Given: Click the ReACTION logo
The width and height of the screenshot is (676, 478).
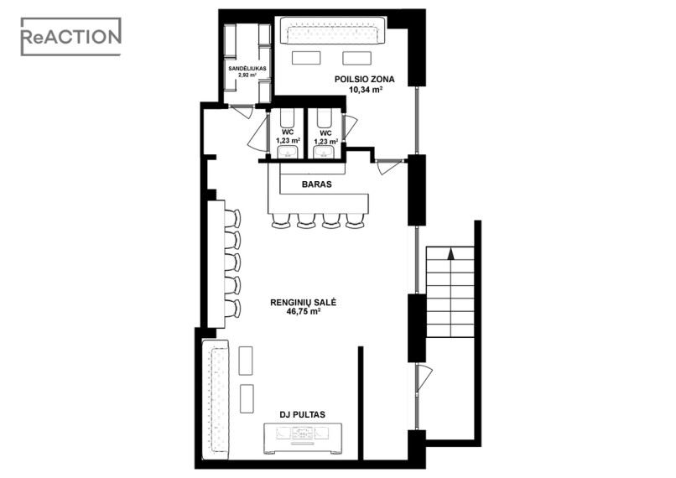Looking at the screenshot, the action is [71, 37].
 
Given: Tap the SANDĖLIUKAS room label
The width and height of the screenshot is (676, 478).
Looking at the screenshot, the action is [247, 69].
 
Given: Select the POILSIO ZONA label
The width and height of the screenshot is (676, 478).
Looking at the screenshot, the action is [364, 80].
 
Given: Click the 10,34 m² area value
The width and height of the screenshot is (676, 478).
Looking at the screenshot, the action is [366, 90].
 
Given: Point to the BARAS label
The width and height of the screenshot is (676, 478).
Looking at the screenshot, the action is [317, 184].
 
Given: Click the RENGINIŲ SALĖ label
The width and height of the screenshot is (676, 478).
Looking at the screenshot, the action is [303, 303].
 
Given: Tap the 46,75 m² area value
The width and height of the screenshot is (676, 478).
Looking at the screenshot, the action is [304, 312].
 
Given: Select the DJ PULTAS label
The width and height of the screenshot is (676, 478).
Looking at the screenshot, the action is [302, 414].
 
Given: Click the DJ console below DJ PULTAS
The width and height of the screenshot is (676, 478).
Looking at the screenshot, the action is [303, 439].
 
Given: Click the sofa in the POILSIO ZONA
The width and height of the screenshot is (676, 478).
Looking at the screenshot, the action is [333, 30].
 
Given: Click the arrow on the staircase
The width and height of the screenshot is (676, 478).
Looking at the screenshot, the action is [451, 254].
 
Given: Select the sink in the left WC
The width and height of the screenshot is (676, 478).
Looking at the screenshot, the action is [287, 152].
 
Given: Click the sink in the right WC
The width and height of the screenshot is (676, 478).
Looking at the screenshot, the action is [324, 152].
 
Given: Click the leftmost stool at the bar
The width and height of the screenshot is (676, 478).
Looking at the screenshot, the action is [282, 221].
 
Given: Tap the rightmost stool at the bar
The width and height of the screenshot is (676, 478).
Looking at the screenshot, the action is [355, 221].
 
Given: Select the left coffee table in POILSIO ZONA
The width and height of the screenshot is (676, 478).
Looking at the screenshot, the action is [306, 58].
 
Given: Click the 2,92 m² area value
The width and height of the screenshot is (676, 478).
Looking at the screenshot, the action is [247, 75].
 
